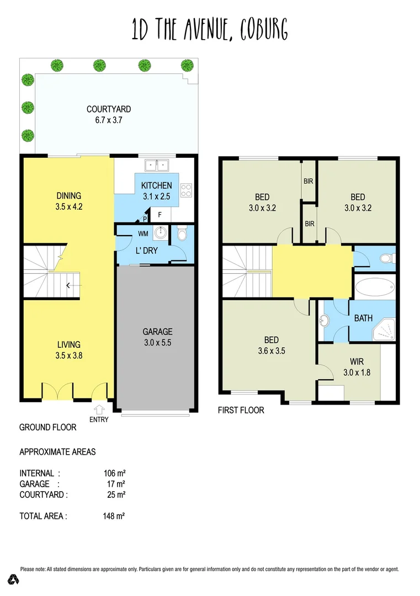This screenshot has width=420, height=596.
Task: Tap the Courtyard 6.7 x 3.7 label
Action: (x=109, y=114)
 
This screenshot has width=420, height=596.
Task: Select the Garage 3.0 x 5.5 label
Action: (x=157, y=337)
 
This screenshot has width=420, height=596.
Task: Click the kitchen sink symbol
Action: (x=157, y=164)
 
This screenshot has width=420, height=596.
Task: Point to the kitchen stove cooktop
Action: (x=187, y=190)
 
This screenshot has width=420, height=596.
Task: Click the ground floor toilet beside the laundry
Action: (x=182, y=236)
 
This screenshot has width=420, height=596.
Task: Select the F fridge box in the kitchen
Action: (x=160, y=214)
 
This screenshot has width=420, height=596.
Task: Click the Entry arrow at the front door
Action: (x=100, y=410)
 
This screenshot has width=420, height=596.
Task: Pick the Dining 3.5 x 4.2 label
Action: (x=69, y=201)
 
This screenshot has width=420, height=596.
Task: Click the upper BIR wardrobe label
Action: (x=309, y=180)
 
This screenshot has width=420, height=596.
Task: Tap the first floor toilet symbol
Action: (x=386, y=258)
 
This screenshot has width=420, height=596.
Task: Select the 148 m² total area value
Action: (x=114, y=516)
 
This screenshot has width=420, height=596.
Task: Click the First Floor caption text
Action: (x=241, y=410)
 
